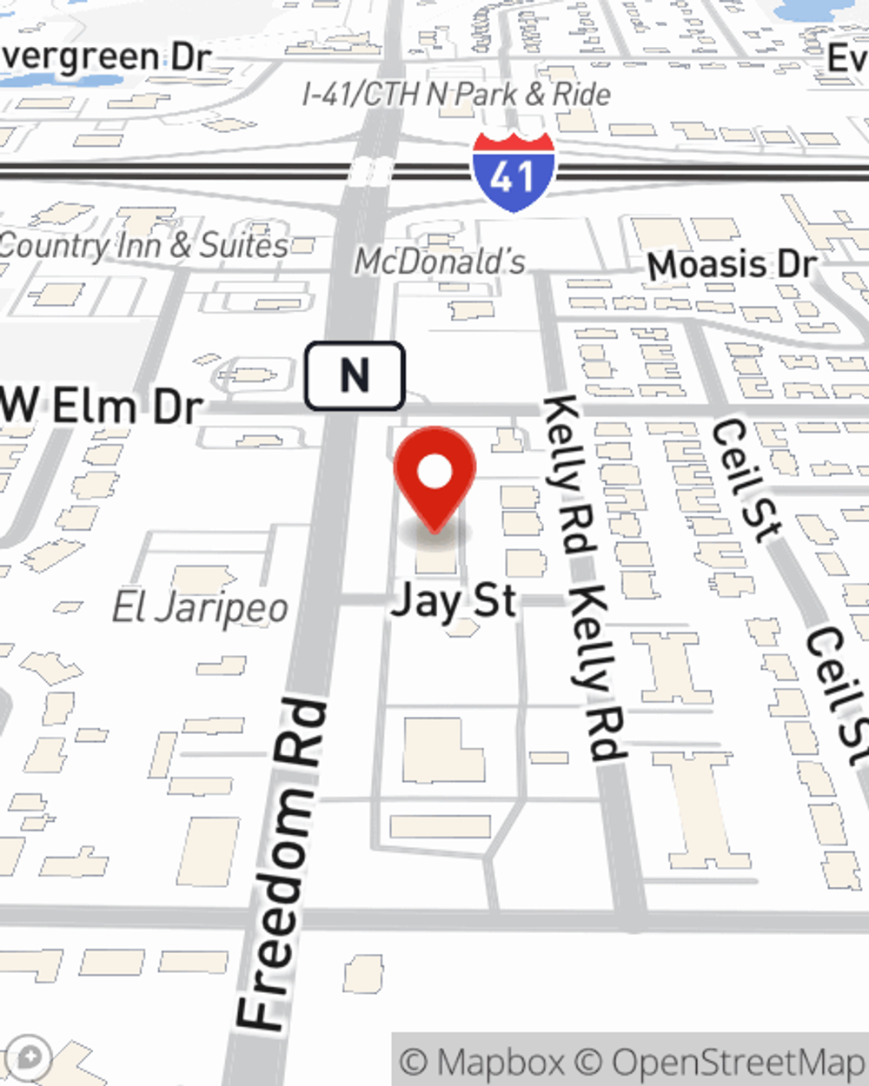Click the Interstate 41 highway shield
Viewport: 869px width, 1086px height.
(514, 173)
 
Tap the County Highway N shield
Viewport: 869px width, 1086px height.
(355, 376)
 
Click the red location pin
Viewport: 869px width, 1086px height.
(434, 478)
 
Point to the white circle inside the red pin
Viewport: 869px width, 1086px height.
(434, 473)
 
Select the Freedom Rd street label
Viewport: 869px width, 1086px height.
(282, 864)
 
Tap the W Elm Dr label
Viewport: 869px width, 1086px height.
(102, 407)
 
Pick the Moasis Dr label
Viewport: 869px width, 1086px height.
(732, 264)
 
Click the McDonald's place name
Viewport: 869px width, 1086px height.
(440, 261)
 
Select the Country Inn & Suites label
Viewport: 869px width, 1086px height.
(143, 245)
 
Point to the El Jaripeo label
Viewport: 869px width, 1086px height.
(200, 607)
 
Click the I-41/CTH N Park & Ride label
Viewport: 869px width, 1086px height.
(456, 94)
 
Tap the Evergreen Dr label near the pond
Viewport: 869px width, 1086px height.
(105, 57)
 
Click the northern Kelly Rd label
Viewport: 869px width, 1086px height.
(569, 474)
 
